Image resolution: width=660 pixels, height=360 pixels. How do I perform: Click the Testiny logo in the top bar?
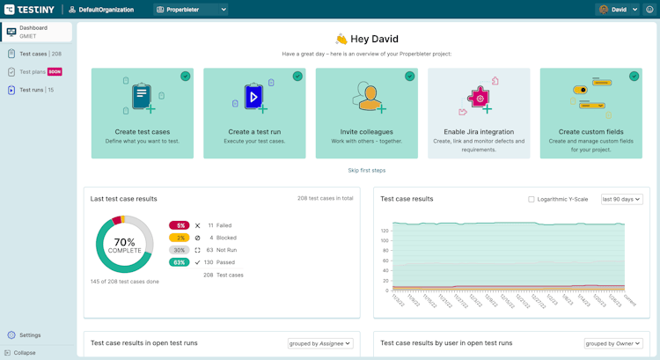click(x=29, y=9)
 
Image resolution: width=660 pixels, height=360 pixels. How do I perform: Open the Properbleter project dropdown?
click(x=191, y=10)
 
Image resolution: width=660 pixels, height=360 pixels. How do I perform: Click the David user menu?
click(x=618, y=10)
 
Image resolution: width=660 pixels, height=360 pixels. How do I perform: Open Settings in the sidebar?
click(x=29, y=334)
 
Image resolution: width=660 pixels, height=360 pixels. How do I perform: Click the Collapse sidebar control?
click(x=24, y=352)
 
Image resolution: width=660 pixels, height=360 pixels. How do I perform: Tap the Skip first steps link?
click(x=366, y=170)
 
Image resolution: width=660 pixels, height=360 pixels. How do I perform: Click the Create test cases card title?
click(x=142, y=132)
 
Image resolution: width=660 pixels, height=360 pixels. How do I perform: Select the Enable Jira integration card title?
click(x=479, y=132)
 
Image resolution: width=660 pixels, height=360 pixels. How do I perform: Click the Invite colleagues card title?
click(x=366, y=132)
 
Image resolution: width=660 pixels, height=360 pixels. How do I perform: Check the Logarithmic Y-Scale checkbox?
click(x=532, y=199)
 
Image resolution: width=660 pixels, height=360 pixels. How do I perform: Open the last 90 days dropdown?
click(x=621, y=199)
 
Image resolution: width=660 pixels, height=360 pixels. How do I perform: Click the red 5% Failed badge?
click(x=180, y=225)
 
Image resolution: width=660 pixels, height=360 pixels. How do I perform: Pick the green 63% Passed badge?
click(x=180, y=262)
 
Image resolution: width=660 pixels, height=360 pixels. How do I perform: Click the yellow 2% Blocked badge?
click(x=180, y=238)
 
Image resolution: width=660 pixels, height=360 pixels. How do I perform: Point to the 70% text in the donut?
click(x=124, y=241)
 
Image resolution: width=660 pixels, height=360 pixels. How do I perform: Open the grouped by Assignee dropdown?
click(x=320, y=343)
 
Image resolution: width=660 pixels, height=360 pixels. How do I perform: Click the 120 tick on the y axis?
click(x=385, y=231)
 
